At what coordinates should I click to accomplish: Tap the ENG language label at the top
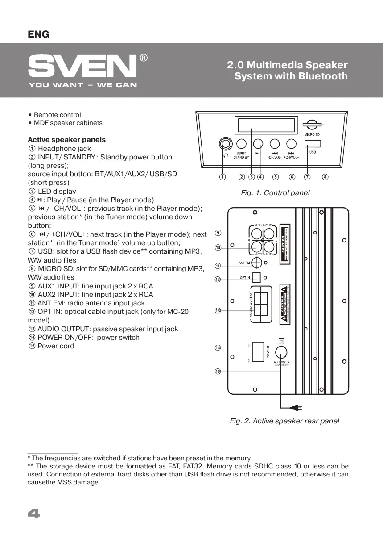click(38, 34)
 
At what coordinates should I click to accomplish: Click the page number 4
click(34, 515)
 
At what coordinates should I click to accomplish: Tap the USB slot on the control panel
click(313, 144)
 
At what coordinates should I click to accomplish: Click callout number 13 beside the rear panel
click(218, 310)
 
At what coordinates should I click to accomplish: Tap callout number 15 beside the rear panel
click(218, 372)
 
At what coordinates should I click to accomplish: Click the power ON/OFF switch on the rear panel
click(259, 352)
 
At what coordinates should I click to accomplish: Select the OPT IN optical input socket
click(256, 278)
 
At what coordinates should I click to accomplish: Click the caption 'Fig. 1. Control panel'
click(275, 193)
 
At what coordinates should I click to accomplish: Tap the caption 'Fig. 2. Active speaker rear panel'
click(284, 421)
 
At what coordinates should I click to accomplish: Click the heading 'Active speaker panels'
click(66, 140)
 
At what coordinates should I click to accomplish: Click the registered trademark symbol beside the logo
click(144, 58)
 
